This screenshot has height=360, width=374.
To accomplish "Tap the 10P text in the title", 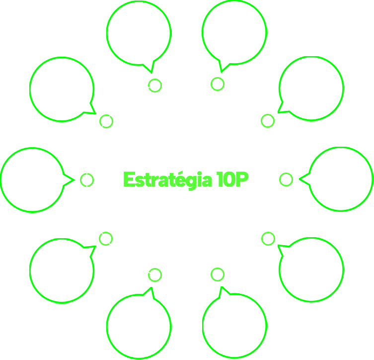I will coord(232,180).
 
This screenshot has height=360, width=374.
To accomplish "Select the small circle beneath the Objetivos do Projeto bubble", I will coord(155,86).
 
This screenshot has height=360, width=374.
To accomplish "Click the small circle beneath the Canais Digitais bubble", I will coord(217,84).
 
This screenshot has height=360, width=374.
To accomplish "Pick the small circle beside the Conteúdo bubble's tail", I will coord(106,121).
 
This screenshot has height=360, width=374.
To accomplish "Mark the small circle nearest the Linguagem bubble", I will coord(268,239).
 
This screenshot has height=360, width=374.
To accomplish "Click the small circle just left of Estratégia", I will coord(87,180).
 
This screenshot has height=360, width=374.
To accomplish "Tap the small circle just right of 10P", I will coord(286,180).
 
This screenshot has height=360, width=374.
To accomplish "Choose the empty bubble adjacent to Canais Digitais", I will coord(311,88).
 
